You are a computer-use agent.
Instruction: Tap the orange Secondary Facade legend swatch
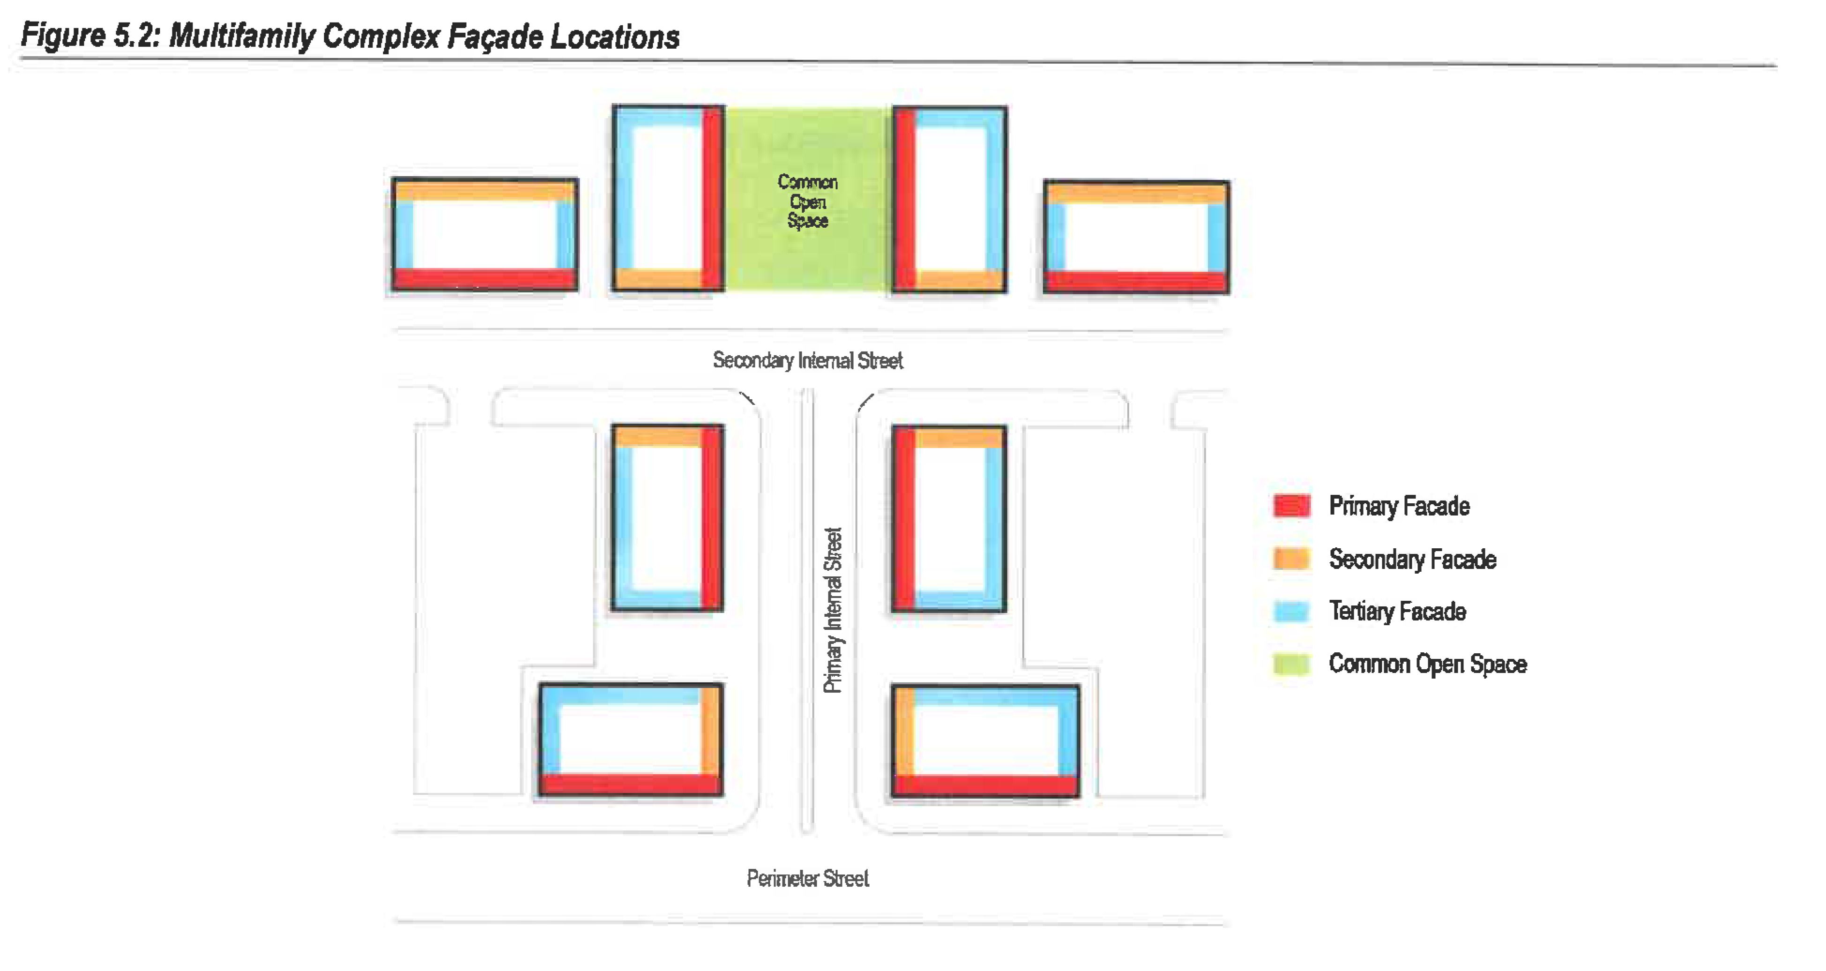[x=1291, y=559]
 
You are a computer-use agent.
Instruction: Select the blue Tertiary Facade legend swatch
[x=1291, y=611]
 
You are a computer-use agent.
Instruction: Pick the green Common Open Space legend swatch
[x=1291, y=664]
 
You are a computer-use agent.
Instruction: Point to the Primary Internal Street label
[x=833, y=610]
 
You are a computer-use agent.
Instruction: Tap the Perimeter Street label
[x=807, y=879]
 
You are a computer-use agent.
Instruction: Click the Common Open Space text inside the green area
[x=807, y=202]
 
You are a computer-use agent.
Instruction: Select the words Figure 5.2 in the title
[x=91, y=36]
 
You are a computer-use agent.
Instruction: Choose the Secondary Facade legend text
[x=1412, y=559]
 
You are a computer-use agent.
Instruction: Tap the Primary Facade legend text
[x=1399, y=506]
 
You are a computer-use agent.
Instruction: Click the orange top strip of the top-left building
[x=485, y=191]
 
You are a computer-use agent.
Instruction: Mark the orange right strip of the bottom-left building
[x=710, y=730]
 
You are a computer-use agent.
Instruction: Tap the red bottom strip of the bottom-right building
[x=985, y=785]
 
